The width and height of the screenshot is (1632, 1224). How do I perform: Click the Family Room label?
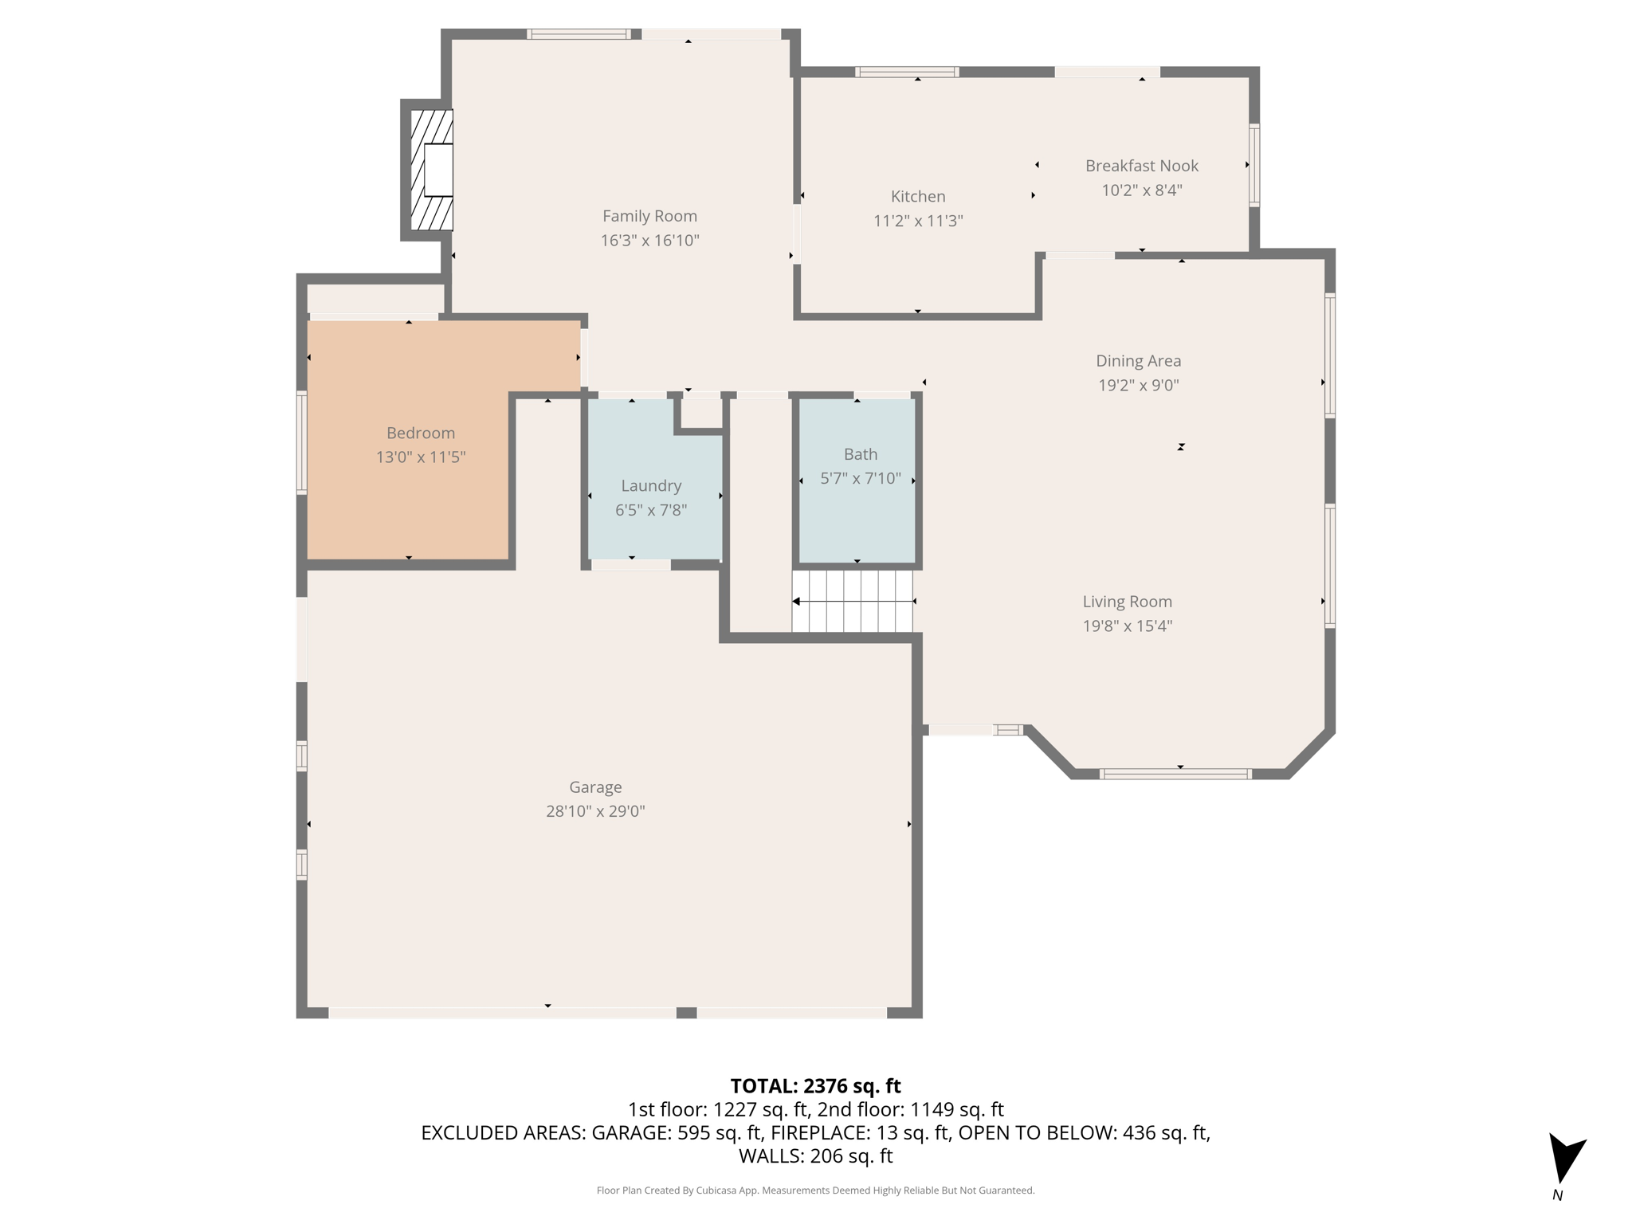(x=649, y=216)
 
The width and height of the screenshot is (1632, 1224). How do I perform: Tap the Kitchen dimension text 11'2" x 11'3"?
(x=918, y=221)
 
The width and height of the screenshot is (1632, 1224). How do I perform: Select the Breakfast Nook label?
(x=1141, y=166)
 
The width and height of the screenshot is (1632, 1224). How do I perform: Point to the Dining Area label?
(x=1138, y=361)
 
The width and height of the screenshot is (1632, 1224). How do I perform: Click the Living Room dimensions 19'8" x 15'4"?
(x=1127, y=626)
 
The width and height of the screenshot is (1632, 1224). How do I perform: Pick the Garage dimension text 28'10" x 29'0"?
(x=595, y=811)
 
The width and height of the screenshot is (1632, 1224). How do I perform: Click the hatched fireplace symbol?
(x=431, y=169)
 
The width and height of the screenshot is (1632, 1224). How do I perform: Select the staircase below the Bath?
(x=853, y=601)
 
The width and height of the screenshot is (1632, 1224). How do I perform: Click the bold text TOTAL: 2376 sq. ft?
(x=815, y=1086)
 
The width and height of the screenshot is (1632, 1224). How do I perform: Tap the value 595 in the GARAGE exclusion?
(x=693, y=1133)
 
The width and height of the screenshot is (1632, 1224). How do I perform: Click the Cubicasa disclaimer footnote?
(x=815, y=1191)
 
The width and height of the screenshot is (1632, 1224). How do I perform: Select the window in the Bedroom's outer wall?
(x=302, y=442)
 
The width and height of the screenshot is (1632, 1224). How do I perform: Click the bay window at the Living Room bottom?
(x=1175, y=774)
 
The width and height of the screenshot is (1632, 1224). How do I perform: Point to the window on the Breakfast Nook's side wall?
(x=1253, y=165)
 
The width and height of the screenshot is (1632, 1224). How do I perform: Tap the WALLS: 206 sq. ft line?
(x=815, y=1156)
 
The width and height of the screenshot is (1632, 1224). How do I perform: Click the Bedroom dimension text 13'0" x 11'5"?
(x=421, y=457)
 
